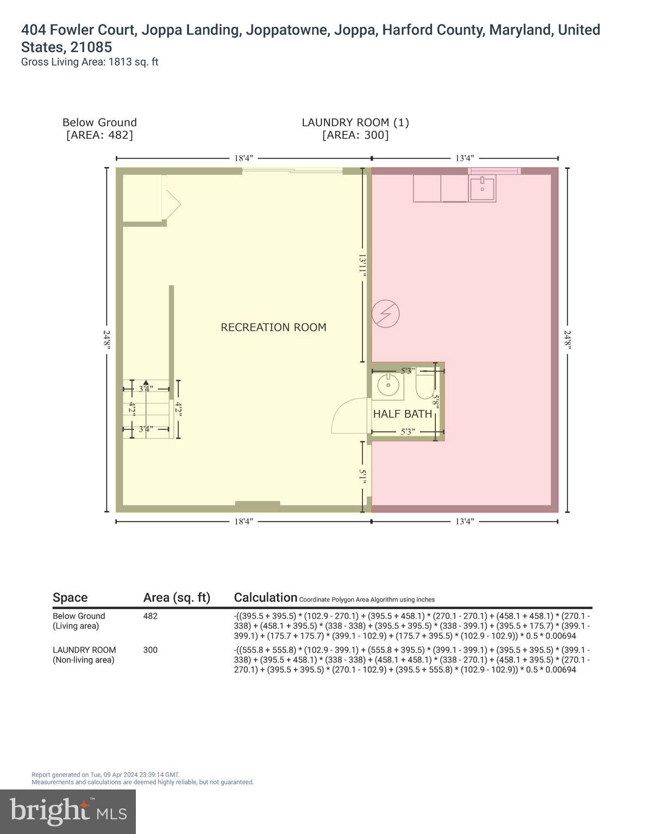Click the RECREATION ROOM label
(x=273, y=327)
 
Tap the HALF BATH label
(x=402, y=414)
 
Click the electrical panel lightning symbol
(x=386, y=314)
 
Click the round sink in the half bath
(x=389, y=386)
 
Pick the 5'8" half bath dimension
(x=436, y=401)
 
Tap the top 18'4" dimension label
(x=243, y=158)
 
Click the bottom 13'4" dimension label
(x=465, y=521)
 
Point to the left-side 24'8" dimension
(x=107, y=340)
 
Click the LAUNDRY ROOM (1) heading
(x=355, y=123)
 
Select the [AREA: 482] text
(x=99, y=135)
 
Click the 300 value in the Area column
(x=150, y=650)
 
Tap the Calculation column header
(x=265, y=597)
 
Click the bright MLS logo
(x=68, y=811)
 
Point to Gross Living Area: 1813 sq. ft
(x=90, y=62)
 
